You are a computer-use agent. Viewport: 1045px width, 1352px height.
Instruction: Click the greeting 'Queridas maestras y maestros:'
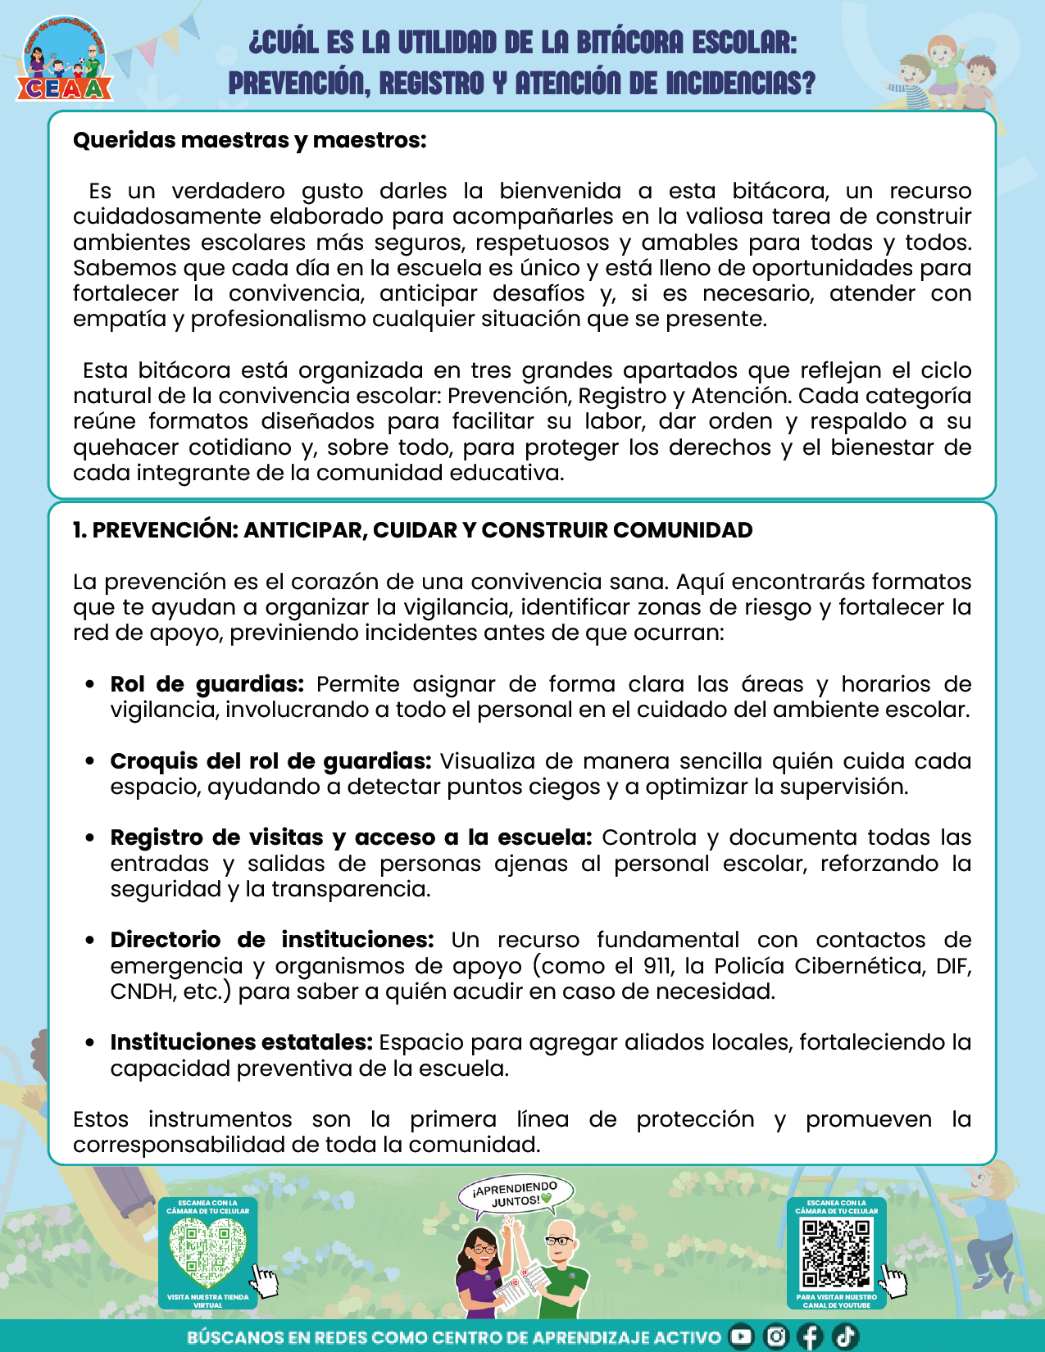[249, 140]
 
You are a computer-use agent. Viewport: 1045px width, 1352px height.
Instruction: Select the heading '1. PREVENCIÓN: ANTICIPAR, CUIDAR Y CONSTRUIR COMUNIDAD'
[412, 530]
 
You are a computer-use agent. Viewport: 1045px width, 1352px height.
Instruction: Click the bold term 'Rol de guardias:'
[207, 684]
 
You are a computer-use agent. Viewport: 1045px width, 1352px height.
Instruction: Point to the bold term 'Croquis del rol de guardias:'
[270, 761]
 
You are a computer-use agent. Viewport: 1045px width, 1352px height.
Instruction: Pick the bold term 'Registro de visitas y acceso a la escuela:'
[351, 837]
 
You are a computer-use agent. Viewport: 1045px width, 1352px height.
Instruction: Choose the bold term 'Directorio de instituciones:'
[272, 940]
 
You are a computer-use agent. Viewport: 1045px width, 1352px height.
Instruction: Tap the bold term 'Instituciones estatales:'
[242, 1042]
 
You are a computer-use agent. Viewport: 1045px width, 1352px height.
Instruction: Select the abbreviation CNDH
[143, 991]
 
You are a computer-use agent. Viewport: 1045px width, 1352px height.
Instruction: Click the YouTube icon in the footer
[741, 1336]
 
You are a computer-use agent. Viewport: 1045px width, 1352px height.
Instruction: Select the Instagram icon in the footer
[775, 1336]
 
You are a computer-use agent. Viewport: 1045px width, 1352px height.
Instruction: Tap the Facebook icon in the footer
[810, 1336]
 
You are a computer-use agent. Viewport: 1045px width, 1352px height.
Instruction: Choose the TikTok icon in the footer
[845, 1336]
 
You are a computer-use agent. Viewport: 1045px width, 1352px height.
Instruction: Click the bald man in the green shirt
[562, 1266]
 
